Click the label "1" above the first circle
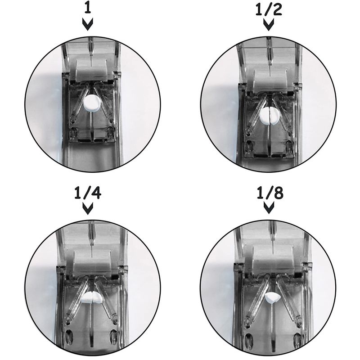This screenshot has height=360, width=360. tap(87, 9)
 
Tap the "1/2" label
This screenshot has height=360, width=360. tap(269, 9)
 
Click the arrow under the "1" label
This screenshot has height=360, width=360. tap(88, 24)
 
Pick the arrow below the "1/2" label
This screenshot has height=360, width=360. tap(269, 24)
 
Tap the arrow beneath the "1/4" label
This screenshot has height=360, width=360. tap(88, 208)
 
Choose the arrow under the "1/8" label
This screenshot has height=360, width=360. tap(269, 207)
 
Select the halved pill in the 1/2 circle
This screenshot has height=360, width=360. tap(269, 116)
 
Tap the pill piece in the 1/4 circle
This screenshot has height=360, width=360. tap(92, 297)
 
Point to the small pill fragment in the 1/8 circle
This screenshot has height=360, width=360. tap(272, 298)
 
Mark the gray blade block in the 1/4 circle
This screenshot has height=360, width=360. tap(92, 262)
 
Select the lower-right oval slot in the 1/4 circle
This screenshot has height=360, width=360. tap(114, 336)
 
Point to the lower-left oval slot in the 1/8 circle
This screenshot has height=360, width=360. tap(248, 340)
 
